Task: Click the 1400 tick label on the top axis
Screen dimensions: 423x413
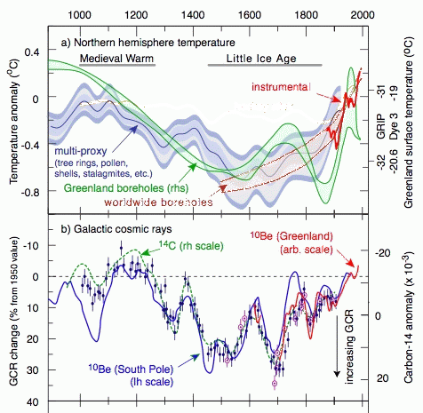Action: point(193,14)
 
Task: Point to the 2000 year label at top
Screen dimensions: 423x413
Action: point(363,14)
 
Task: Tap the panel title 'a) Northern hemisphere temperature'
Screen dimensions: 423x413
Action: point(148,43)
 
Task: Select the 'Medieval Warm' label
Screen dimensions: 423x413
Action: point(116,58)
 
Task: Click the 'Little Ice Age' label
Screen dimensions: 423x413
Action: point(261,59)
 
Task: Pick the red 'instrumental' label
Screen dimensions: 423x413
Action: point(281,87)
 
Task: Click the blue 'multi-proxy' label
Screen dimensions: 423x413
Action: point(81,151)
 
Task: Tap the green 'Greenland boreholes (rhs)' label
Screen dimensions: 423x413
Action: point(126,187)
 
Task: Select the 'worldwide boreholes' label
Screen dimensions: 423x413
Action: point(158,203)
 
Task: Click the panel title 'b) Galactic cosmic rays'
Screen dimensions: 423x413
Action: point(116,229)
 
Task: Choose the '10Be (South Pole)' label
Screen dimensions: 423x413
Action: point(131,369)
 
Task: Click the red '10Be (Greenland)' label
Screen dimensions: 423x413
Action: point(291,236)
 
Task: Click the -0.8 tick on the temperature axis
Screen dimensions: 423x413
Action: point(29,192)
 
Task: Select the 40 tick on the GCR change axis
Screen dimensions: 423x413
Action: point(33,402)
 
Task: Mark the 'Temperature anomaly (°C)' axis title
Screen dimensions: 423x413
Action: point(14,122)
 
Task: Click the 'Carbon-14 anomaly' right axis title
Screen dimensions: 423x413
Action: point(409,316)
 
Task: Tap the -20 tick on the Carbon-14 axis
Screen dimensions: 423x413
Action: point(382,253)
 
